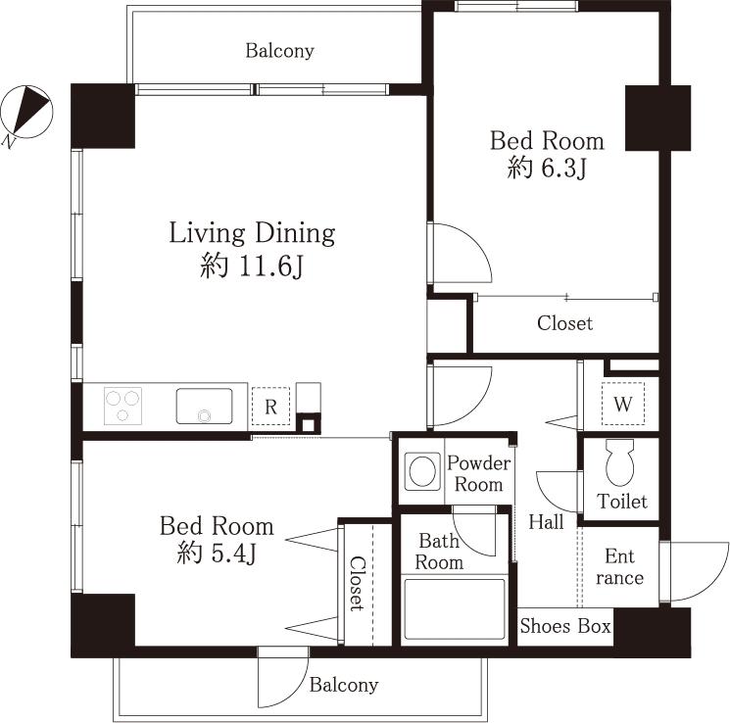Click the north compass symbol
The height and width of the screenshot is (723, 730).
pyautogui.click(x=26, y=112)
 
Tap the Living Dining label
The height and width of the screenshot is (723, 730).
pyautogui.click(x=252, y=233)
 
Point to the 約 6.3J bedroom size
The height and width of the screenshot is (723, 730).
pyautogui.click(x=547, y=169)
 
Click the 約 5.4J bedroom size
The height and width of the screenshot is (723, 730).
pyautogui.click(x=217, y=554)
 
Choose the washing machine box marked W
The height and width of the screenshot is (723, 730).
pyautogui.click(x=621, y=403)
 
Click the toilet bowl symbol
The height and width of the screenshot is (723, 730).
pyautogui.click(x=620, y=463)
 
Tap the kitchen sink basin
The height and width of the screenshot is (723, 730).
pyautogui.click(x=205, y=406)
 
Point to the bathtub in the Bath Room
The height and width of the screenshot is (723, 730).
pyautogui.click(x=455, y=610)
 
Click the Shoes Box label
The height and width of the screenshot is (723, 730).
pyautogui.click(x=565, y=626)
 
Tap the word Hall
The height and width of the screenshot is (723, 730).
pyautogui.click(x=546, y=522)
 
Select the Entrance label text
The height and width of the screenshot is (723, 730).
pyautogui.click(x=619, y=567)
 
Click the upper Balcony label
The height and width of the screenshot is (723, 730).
pyautogui.click(x=279, y=51)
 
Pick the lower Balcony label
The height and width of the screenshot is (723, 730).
pyautogui.click(x=344, y=685)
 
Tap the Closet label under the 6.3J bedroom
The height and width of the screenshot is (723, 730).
pyautogui.click(x=564, y=322)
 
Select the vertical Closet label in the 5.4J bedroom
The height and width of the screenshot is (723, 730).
pyautogui.click(x=358, y=583)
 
